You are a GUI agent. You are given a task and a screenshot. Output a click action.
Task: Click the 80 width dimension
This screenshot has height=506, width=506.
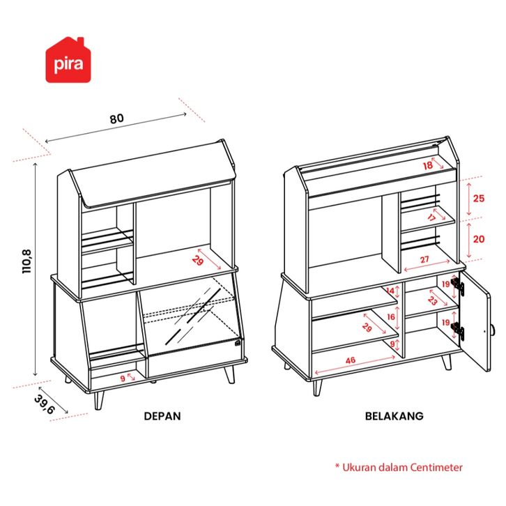pyautogui.click(x=116, y=118)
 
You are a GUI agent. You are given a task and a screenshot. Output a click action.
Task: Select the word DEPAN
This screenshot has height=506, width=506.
pyautogui.click(x=162, y=416)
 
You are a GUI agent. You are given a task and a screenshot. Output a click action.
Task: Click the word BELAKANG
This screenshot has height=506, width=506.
pyautogui.click(x=394, y=416)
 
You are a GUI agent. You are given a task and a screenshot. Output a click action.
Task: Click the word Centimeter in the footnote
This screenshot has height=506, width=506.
pyautogui.click(x=434, y=468)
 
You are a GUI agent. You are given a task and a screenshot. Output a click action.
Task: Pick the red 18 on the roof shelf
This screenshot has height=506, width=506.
pyautogui.click(x=427, y=165)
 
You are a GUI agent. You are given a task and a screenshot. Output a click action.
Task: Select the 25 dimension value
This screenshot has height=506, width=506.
pyautogui.click(x=478, y=198)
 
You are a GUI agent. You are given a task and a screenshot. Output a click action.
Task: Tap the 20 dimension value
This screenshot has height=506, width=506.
pyautogui.click(x=478, y=238)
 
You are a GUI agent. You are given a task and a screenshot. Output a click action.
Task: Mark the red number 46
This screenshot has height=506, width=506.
pyautogui.click(x=351, y=360)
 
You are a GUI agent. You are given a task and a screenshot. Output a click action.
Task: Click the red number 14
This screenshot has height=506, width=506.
pyautogui.click(x=391, y=291)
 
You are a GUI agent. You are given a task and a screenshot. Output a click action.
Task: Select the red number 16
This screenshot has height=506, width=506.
pyautogui.click(x=391, y=316)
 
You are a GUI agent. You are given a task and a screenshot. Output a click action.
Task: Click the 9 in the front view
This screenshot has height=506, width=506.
pyautogui.click(x=123, y=378)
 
